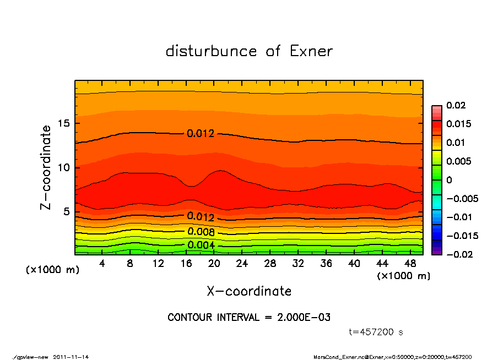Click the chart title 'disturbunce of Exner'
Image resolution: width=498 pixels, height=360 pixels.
[x=249, y=51]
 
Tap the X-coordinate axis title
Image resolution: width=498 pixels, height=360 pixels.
[x=249, y=291]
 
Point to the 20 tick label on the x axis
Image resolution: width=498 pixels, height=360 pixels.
[x=214, y=264]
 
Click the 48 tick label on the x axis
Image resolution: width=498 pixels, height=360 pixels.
[x=410, y=264]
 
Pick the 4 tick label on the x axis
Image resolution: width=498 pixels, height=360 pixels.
[x=102, y=264]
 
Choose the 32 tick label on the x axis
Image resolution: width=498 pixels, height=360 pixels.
[x=298, y=264]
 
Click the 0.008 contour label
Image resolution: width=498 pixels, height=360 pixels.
[x=201, y=231]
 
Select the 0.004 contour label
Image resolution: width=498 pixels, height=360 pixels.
[x=201, y=245]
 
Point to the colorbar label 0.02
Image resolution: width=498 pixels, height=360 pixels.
[x=455, y=105]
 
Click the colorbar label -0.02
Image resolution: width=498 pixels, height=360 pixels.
[x=457, y=254]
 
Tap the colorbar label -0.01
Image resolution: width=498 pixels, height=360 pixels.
[x=457, y=217]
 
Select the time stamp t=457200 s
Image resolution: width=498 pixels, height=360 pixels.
[x=376, y=332]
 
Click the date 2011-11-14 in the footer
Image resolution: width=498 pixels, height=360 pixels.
[x=71, y=357]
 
